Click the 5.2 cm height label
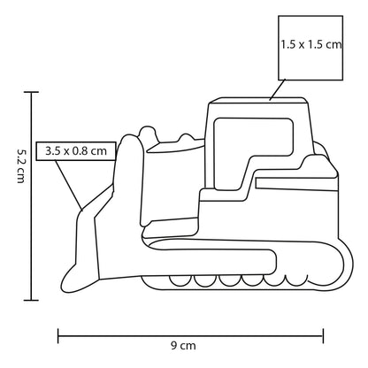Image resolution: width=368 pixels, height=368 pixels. point(20,166)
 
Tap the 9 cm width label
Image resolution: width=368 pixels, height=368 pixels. point(183,346)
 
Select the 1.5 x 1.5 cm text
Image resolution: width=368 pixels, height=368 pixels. point(310,44)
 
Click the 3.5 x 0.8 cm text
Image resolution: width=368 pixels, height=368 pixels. point(76,151)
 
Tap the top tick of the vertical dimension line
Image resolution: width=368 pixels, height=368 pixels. point(31,92)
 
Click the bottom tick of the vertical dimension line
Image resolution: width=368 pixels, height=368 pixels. point(31,300)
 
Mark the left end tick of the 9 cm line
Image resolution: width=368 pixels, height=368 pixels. point(58,336)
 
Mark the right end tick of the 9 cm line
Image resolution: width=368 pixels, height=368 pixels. point(323,336)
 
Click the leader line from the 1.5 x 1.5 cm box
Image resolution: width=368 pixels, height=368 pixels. point(278,90)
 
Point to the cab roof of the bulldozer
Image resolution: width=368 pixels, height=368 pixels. point(258,101)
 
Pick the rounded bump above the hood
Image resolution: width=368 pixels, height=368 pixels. point(147,134)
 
